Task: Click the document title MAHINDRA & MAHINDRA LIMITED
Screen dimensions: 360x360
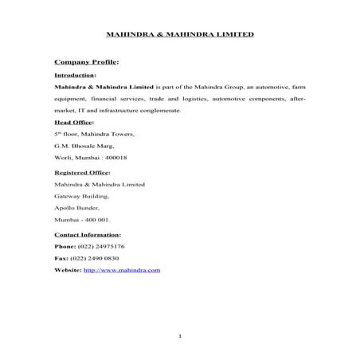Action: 180,35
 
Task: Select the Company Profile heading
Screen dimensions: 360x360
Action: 84,61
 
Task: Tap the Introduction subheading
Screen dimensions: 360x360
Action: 74,74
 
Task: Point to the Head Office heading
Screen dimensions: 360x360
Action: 72,122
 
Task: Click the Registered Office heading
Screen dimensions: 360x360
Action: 81,171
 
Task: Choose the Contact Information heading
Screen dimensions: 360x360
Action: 87,234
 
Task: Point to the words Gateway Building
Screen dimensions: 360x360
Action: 81,195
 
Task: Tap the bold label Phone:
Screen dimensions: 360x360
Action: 65,246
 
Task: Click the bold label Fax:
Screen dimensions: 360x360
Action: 61,258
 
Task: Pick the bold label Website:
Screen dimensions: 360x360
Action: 68,270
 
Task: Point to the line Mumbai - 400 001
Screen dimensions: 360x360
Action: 83,219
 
